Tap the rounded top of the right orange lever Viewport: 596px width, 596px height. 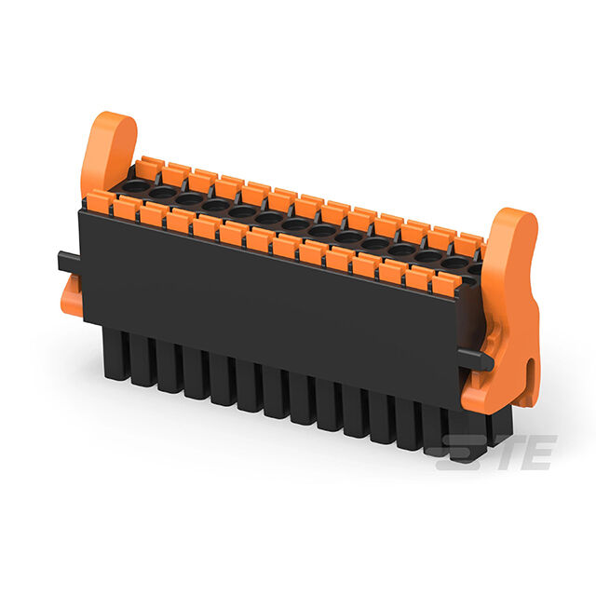coord(517,224)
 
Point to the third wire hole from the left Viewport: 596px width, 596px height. coord(189,198)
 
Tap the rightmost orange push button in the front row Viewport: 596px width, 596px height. coord(446,283)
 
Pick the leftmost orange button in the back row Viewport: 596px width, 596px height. coord(146,168)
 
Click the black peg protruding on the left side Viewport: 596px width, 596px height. coord(68,261)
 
